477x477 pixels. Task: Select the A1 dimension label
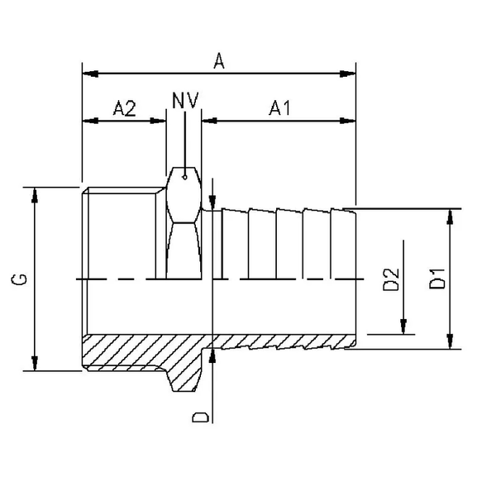point(279,107)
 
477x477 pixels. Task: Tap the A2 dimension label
point(124,107)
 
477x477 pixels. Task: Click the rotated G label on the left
point(18,279)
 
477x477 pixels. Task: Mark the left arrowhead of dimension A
point(88,73)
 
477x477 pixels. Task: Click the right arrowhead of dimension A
point(350,73)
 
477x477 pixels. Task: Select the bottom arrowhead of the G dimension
point(35,365)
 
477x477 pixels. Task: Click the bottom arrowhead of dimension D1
point(451,341)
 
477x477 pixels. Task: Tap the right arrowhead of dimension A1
point(350,120)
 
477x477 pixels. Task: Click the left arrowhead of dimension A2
point(88,120)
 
